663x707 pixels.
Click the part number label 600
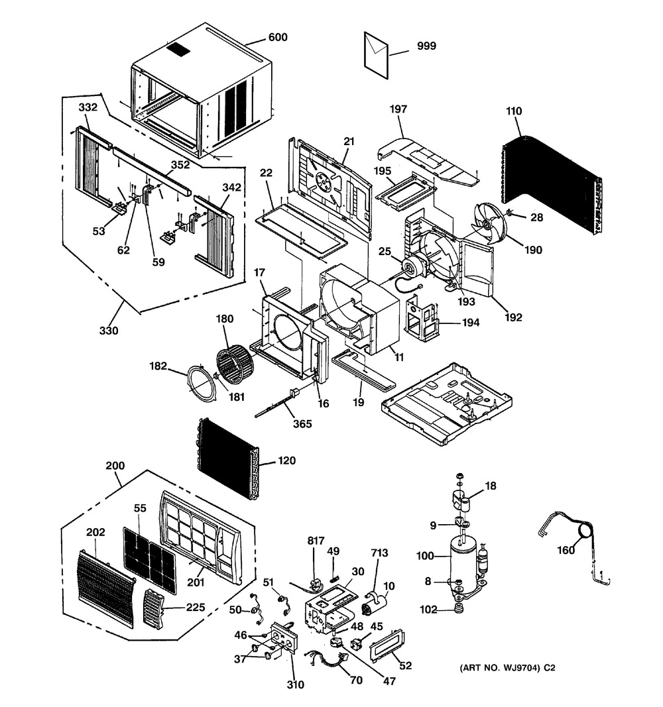click(x=278, y=38)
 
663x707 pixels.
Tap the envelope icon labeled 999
click(x=376, y=49)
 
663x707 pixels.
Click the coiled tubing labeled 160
click(x=583, y=530)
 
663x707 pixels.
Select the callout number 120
click(x=287, y=461)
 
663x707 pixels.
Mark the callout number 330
click(x=110, y=331)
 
